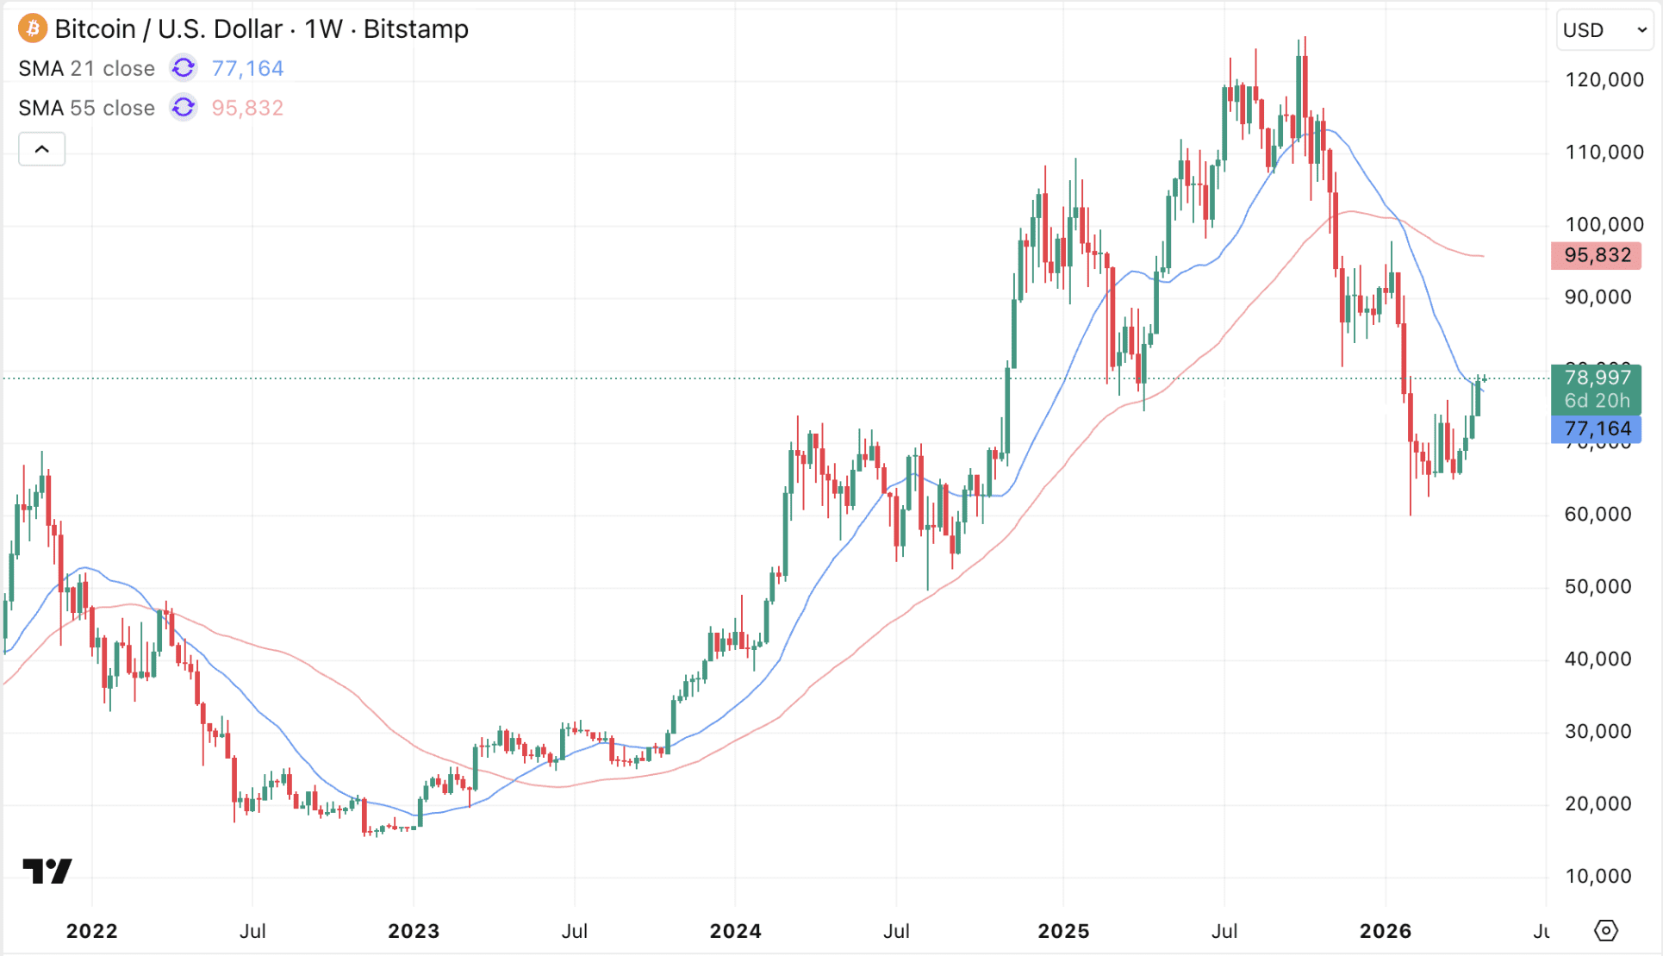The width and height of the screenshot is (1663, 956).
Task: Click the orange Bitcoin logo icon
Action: [x=33, y=28]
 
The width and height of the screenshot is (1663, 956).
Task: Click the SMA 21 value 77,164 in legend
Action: [x=247, y=68]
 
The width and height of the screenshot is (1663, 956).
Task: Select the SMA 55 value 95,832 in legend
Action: [x=247, y=108]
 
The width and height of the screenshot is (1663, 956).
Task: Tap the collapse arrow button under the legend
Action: [x=42, y=150]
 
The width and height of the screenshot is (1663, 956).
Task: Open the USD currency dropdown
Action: [x=1604, y=30]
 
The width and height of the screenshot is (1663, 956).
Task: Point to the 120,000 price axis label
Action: [x=1604, y=80]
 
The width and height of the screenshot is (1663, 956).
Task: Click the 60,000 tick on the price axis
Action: [x=1598, y=515]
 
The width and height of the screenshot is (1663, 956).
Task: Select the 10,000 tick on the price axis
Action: [x=1598, y=877]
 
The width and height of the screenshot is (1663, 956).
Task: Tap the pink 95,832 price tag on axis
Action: [x=1597, y=255]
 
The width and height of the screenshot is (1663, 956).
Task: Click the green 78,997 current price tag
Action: [x=1597, y=378]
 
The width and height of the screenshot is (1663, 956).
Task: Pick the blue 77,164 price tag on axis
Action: [x=1597, y=428]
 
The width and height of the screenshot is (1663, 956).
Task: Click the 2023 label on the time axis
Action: [x=414, y=931]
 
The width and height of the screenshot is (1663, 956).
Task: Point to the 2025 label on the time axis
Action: [x=1063, y=931]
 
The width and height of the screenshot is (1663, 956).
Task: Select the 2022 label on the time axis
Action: [x=92, y=931]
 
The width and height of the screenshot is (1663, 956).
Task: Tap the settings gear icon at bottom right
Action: [x=1605, y=931]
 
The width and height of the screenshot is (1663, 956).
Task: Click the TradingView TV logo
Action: [x=47, y=872]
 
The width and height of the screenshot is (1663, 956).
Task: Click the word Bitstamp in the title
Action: [x=415, y=29]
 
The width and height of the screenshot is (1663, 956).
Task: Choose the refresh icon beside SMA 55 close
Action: [x=183, y=108]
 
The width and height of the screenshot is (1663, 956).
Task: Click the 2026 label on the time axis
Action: [x=1385, y=931]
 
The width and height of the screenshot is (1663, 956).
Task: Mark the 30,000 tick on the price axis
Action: [x=1598, y=732]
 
